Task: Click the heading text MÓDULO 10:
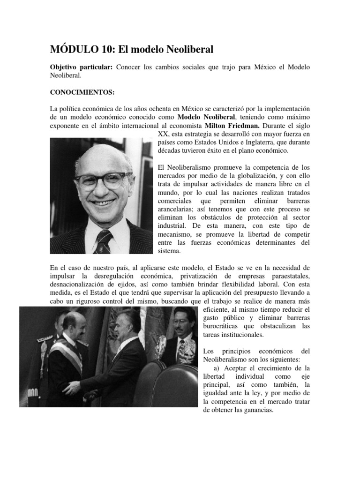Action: pyautogui.click(x=80, y=49)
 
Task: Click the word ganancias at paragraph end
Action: pyautogui.click(x=257, y=410)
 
